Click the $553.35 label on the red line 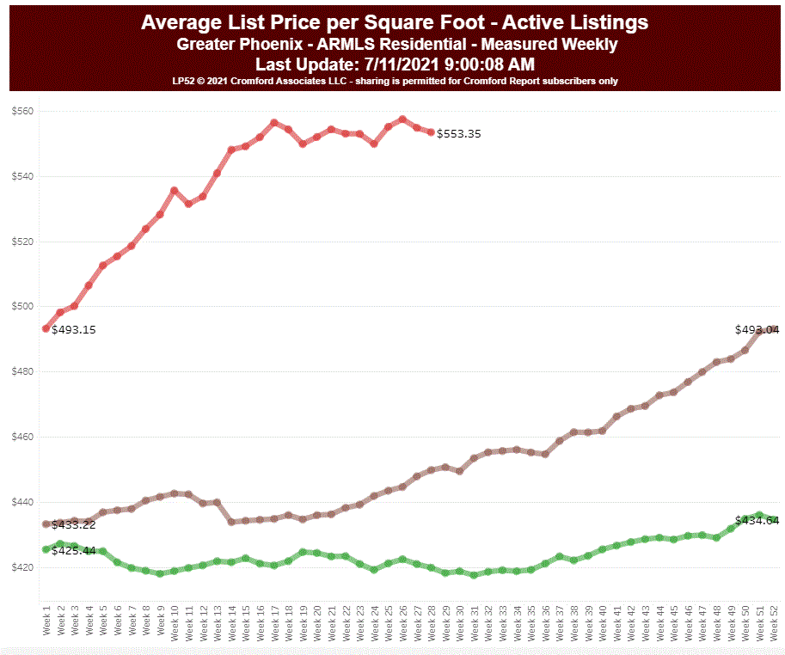tap(459, 134)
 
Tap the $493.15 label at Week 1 tap(74, 329)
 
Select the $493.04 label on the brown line tap(757, 329)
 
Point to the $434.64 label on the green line tap(757, 521)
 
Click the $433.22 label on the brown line tap(74, 524)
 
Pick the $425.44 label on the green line tap(74, 550)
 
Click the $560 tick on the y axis tap(21, 112)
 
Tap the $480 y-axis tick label tap(21, 372)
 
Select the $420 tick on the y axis tap(21, 567)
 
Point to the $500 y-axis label tap(21, 307)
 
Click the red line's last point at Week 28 tap(431, 132)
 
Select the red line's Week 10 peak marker tap(174, 191)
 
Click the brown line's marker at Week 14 tap(231, 522)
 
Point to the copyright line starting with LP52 tap(396, 81)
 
